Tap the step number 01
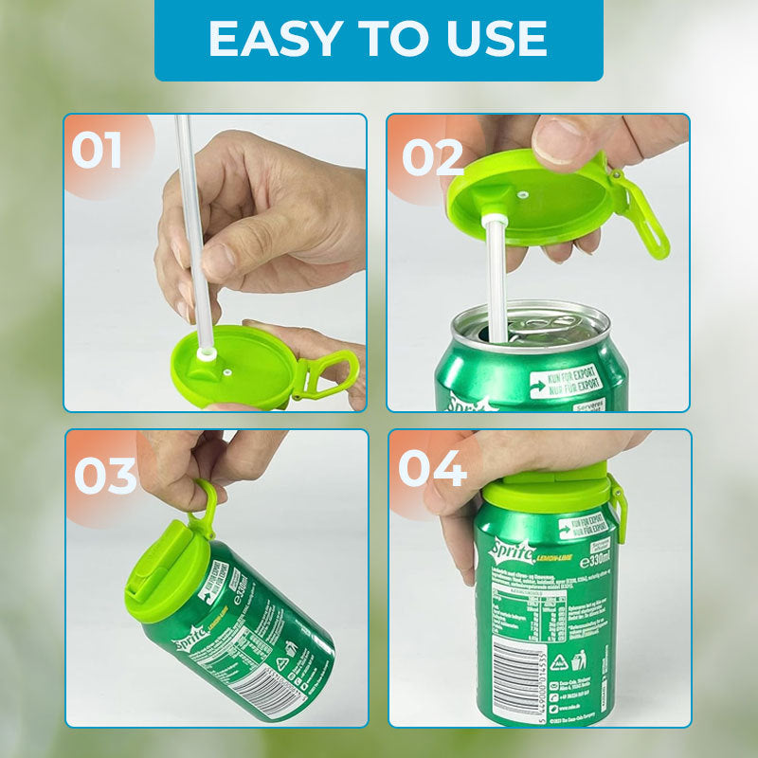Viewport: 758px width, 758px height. pyautogui.click(x=97, y=151)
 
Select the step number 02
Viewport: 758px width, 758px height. pyautogui.click(x=432, y=157)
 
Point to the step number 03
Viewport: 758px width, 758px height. pyautogui.click(x=105, y=476)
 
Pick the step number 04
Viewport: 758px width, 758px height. pyautogui.click(x=432, y=469)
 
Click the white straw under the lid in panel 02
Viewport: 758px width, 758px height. pyautogui.click(x=493, y=284)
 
